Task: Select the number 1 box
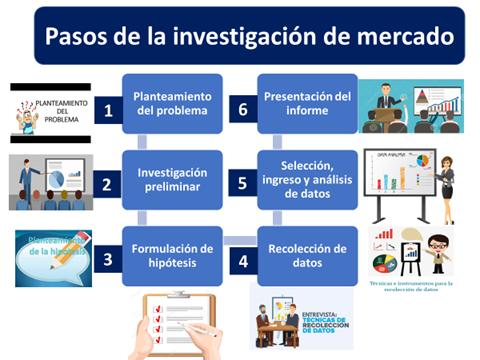[108, 112]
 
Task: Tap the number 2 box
[108, 185]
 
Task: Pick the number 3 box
[108, 257]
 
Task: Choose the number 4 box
[242, 257]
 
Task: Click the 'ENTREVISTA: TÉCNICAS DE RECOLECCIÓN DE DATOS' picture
[301, 318]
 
